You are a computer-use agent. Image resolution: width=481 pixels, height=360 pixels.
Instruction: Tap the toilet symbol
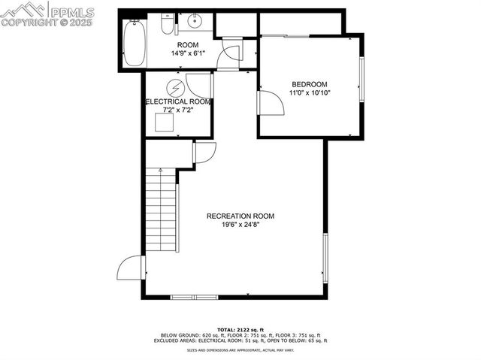pos(166,26)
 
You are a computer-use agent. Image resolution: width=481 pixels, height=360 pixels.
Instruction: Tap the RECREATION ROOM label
pos(240,216)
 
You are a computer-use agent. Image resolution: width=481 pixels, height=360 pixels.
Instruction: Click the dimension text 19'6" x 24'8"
pos(240,225)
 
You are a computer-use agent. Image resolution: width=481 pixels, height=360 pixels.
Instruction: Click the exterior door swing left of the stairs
pos(131,267)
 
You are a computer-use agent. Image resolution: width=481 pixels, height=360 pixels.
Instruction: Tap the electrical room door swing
pos(199,85)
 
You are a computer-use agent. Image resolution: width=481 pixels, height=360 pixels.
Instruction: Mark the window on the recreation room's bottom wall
pos(194,297)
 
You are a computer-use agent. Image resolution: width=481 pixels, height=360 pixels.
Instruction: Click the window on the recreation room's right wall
pos(325,258)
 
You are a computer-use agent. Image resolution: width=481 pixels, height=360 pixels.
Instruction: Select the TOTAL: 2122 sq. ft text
pos(240,330)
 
